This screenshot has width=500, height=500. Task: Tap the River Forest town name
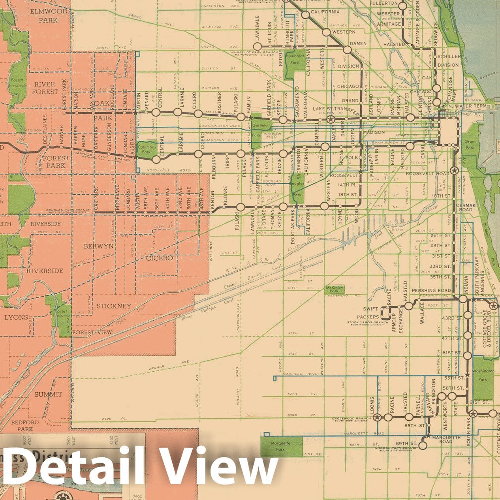[44, 88]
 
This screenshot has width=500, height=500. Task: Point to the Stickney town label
[114, 306]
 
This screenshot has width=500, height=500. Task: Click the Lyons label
[16, 317]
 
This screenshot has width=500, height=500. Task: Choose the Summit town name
[48, 394]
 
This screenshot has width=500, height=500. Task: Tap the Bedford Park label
[25, 426]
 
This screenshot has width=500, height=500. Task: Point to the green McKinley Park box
[335, 289]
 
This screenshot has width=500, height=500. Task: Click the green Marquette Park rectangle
[281, 445]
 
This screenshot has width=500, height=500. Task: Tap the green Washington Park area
[483, 377]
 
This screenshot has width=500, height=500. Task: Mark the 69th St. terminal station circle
[423, 445]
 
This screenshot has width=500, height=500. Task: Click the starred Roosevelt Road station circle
[454, 171]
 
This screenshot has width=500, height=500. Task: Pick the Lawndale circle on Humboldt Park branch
[258, 47]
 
